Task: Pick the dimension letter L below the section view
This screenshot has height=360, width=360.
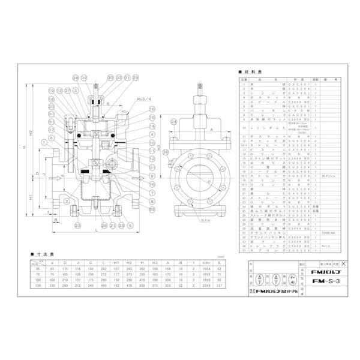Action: tap(96, 230)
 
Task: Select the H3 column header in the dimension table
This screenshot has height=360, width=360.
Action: tap(154, 262)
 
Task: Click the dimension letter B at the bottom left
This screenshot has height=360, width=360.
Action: tap(55, 220)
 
